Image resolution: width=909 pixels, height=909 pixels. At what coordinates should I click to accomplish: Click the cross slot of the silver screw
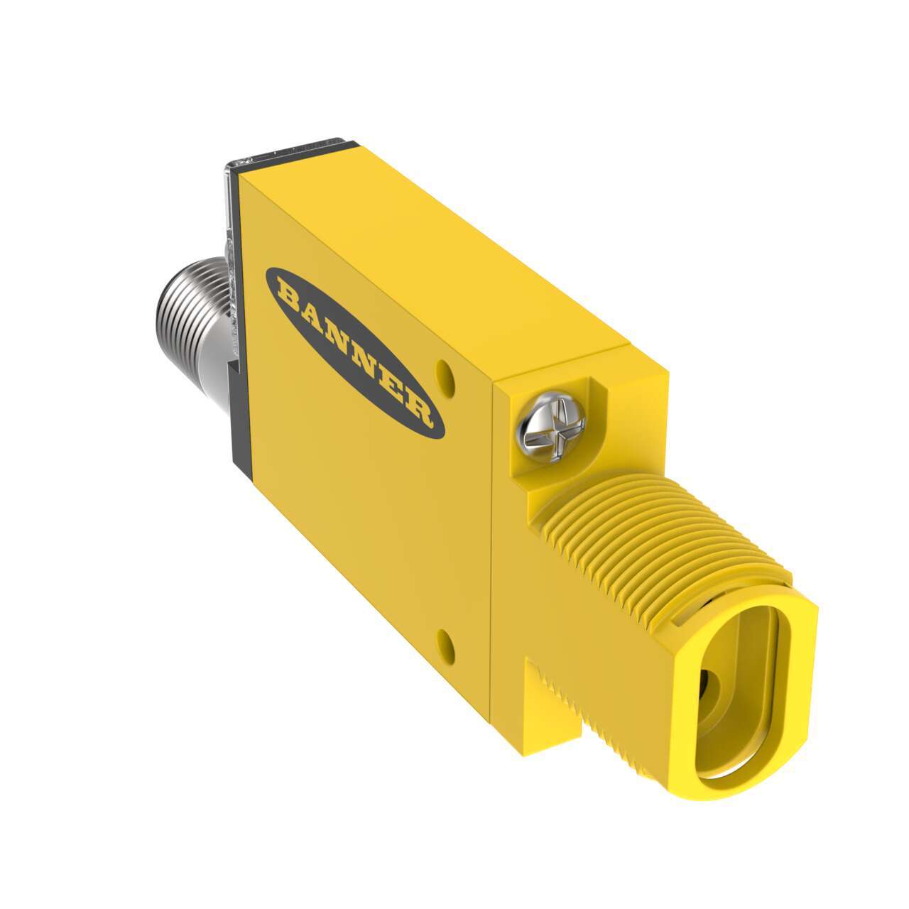[x=553, y=428]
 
